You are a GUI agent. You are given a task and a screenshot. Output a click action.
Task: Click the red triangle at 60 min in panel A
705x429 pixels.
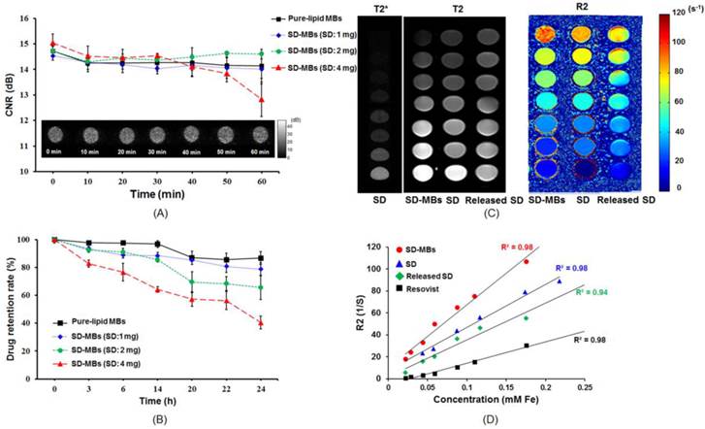262,99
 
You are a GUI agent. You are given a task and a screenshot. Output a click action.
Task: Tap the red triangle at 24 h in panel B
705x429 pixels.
262,322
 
